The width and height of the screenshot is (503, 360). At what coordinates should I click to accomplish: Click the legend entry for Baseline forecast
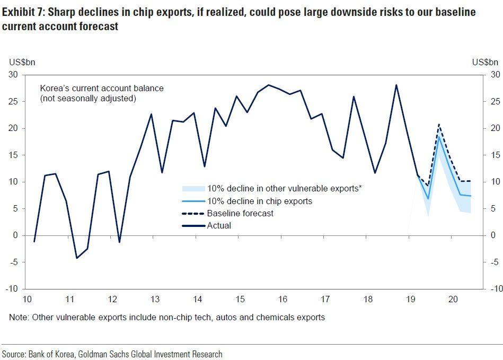point(240,214)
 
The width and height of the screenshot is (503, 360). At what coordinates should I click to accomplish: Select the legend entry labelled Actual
point(219,225)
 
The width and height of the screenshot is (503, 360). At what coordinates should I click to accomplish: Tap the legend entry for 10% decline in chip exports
point(259,201)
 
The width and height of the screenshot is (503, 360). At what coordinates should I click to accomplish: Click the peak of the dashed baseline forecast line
point(439,125)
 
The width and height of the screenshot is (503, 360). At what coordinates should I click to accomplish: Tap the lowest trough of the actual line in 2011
point(77,258)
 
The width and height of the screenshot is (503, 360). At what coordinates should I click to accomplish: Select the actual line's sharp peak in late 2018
point(396,85)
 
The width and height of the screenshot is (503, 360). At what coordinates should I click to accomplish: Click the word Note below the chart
point(18,318)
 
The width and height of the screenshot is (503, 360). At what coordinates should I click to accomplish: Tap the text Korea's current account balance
point(102,88)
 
